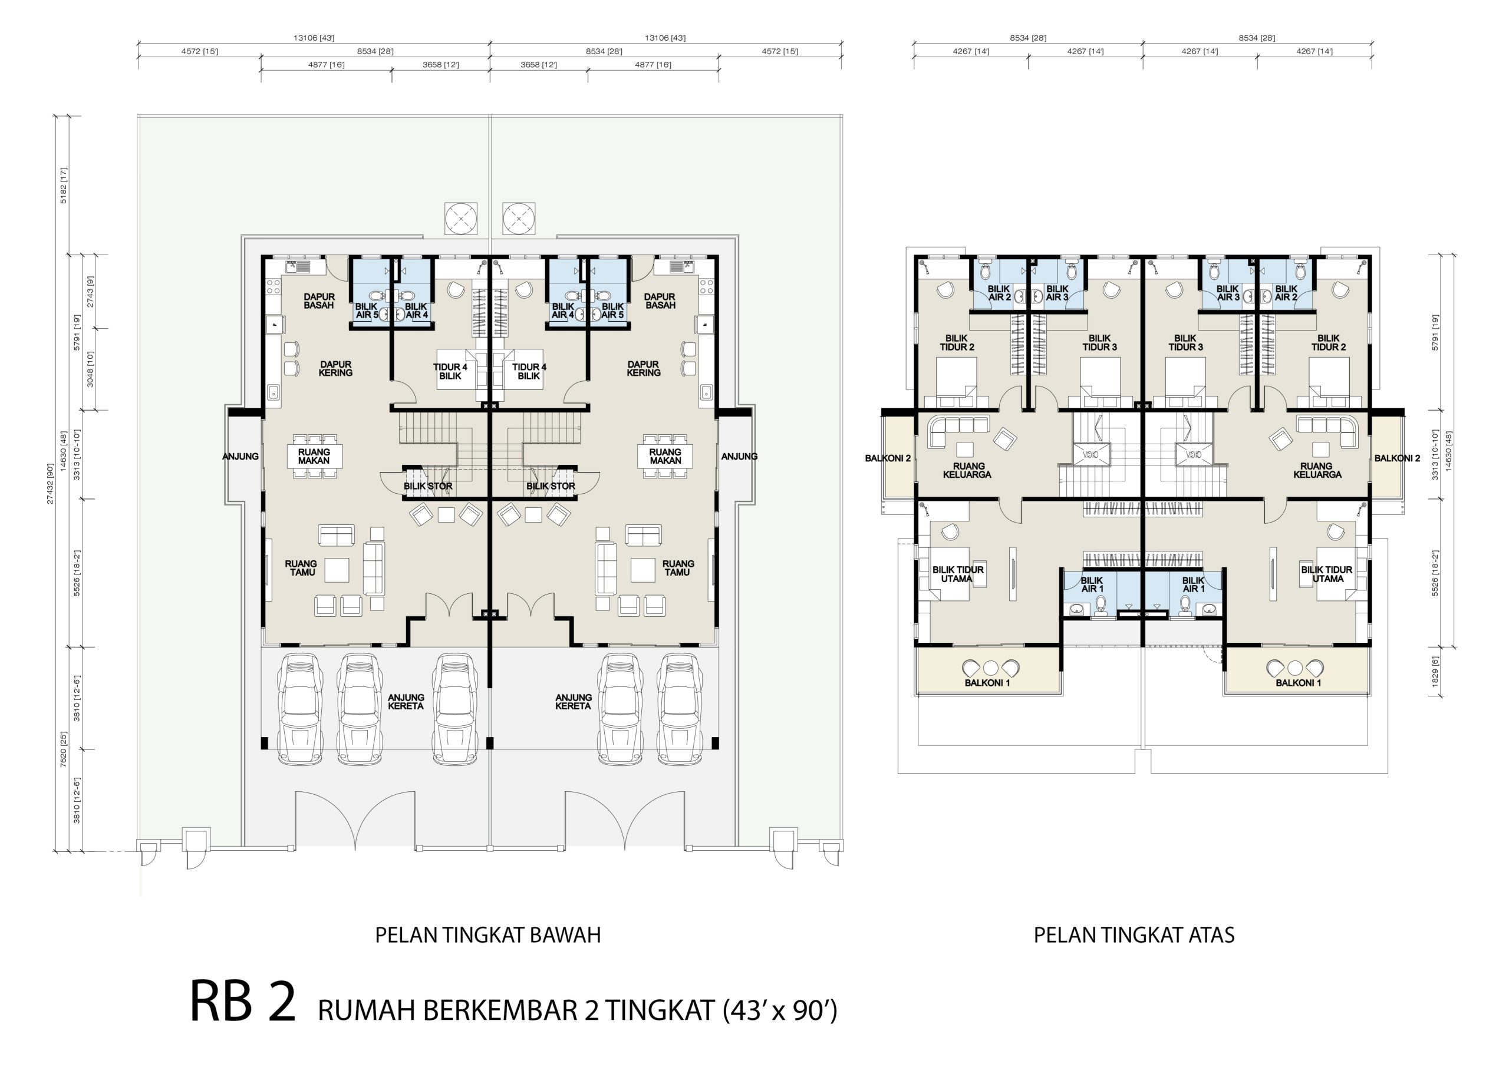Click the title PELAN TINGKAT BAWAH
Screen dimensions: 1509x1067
487,935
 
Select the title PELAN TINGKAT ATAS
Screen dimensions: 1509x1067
1134,935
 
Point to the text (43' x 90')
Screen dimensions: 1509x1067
780,1010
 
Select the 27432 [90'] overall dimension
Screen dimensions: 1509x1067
50,484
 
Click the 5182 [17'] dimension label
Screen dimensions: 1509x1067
64,185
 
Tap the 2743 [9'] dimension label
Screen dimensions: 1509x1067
90,292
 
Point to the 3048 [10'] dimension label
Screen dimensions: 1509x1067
90,369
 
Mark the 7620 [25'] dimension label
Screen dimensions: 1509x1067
64,749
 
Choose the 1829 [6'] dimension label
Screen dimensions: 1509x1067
1435,672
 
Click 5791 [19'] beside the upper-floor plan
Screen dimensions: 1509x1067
1435,332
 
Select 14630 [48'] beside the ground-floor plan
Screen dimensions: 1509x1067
64,451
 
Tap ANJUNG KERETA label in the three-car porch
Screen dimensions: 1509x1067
406,702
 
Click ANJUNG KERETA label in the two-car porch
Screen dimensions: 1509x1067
573,702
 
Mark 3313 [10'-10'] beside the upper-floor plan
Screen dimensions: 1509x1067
1435,455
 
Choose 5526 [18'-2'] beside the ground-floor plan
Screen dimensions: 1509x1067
77,573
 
